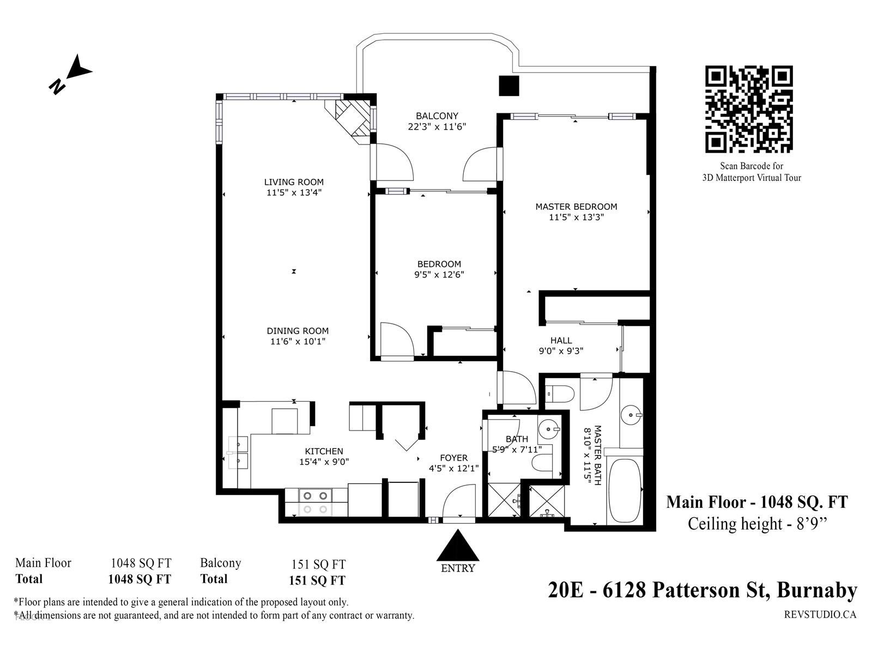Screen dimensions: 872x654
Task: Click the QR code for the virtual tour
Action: [749, 109]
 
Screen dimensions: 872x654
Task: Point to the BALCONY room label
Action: [437, 116]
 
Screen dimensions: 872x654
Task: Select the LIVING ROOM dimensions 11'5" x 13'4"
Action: [294, 192]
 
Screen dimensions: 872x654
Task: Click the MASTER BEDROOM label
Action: [576, 207]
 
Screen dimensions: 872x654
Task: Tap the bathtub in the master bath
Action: [625, 491]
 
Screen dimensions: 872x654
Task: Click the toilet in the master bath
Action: [560, 395]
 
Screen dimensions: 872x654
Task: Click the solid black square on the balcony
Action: [509, 86]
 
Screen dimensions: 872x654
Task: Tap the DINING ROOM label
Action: [298, 331]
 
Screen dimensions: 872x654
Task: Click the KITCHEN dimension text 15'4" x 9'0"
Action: [324, 462]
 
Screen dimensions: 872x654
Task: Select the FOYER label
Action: [453, 458]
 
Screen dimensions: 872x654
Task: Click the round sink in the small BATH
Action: [549, 429]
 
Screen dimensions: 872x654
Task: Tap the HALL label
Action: [561, 340]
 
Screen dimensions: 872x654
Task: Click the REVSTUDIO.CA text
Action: [820, 615]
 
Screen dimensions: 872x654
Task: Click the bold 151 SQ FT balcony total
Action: [317, 580]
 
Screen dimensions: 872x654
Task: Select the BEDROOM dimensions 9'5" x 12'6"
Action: [439, 274]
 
